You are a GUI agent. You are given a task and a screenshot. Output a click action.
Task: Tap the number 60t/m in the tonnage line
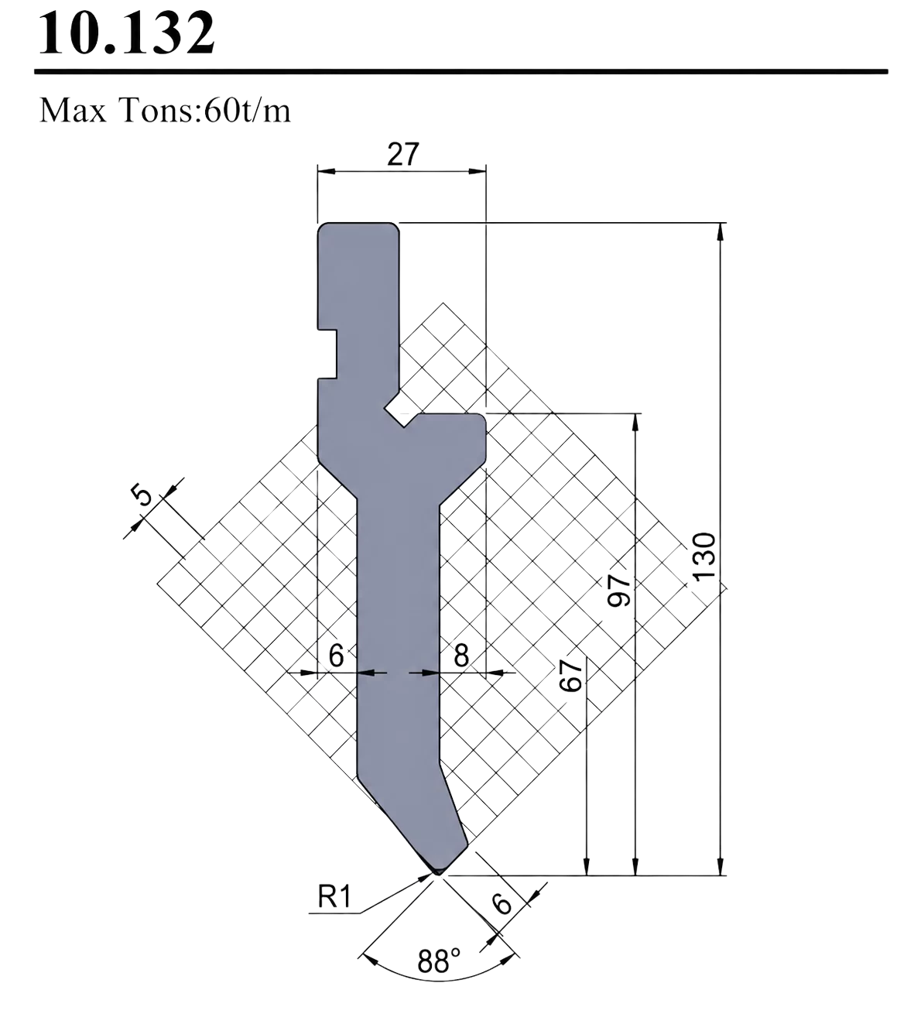[247, 110]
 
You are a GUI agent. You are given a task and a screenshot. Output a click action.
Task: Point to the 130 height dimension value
[704, 557]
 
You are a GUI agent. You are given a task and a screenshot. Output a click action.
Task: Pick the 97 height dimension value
[619, 591]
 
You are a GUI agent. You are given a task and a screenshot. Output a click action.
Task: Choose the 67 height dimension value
[570, 676]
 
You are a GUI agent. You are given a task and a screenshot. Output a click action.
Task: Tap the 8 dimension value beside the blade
[461, 656]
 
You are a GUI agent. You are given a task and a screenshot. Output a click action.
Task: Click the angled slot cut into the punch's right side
[401, 410]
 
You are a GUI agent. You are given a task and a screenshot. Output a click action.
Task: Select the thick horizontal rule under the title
[461, 72]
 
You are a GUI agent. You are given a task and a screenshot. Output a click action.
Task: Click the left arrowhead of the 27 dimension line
[327, 172]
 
